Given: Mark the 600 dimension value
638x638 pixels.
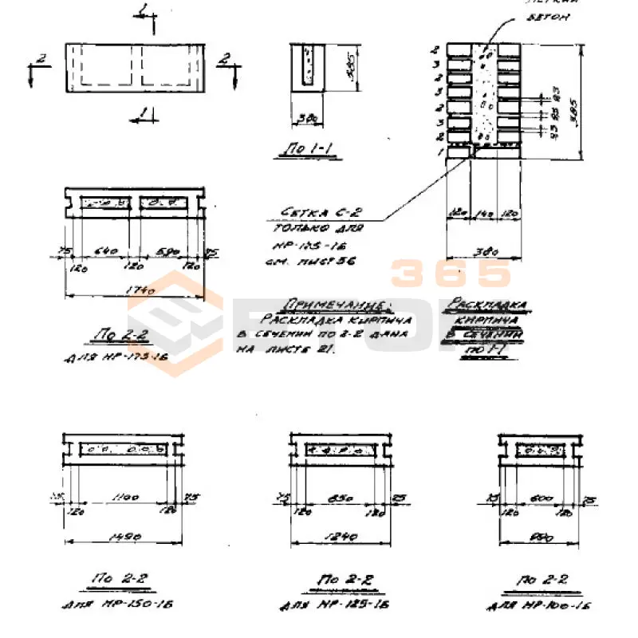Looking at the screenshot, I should coord(542,498).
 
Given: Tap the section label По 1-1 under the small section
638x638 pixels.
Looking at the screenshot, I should coord(302,147).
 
